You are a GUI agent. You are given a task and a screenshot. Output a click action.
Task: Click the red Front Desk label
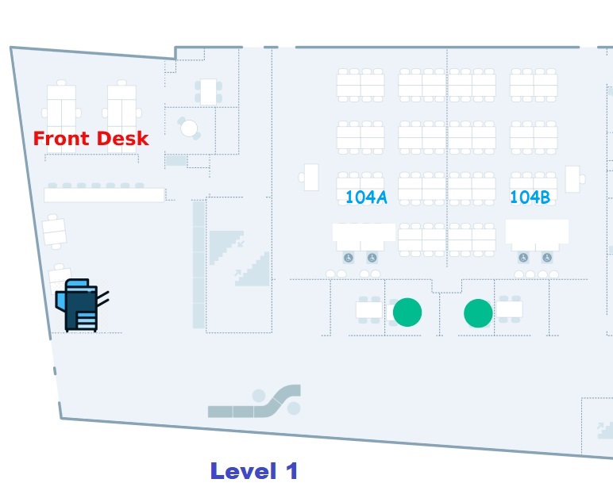coord(91,139)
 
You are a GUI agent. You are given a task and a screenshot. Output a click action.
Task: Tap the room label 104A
coord(366,197)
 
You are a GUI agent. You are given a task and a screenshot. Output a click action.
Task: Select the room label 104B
coord(530,197)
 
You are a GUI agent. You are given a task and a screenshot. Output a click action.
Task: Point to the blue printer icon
coord(79,305)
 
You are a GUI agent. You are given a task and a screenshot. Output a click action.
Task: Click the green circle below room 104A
coord(407,312)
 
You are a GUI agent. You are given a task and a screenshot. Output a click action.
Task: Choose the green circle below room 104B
coord(478,312)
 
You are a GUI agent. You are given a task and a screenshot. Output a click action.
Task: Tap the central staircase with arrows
coord(239,258)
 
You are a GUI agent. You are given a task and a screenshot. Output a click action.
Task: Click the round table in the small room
coord(189,128)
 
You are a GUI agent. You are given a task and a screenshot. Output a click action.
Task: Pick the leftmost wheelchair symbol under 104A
coord(348,258)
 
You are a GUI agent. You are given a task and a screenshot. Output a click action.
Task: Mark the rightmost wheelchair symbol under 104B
coord(547,258)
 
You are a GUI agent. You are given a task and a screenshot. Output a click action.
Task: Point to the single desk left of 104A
coord(311,177)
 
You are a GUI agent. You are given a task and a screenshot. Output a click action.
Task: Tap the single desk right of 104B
coord(573,178)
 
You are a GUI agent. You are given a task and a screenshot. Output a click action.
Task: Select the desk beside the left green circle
coord(369,309)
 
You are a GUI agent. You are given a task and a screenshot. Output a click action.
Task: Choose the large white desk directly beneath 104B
coord(537,232)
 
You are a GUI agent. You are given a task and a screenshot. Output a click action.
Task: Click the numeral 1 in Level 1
coord(290,471)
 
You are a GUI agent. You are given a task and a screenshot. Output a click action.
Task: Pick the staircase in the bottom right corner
coord(603,429)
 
